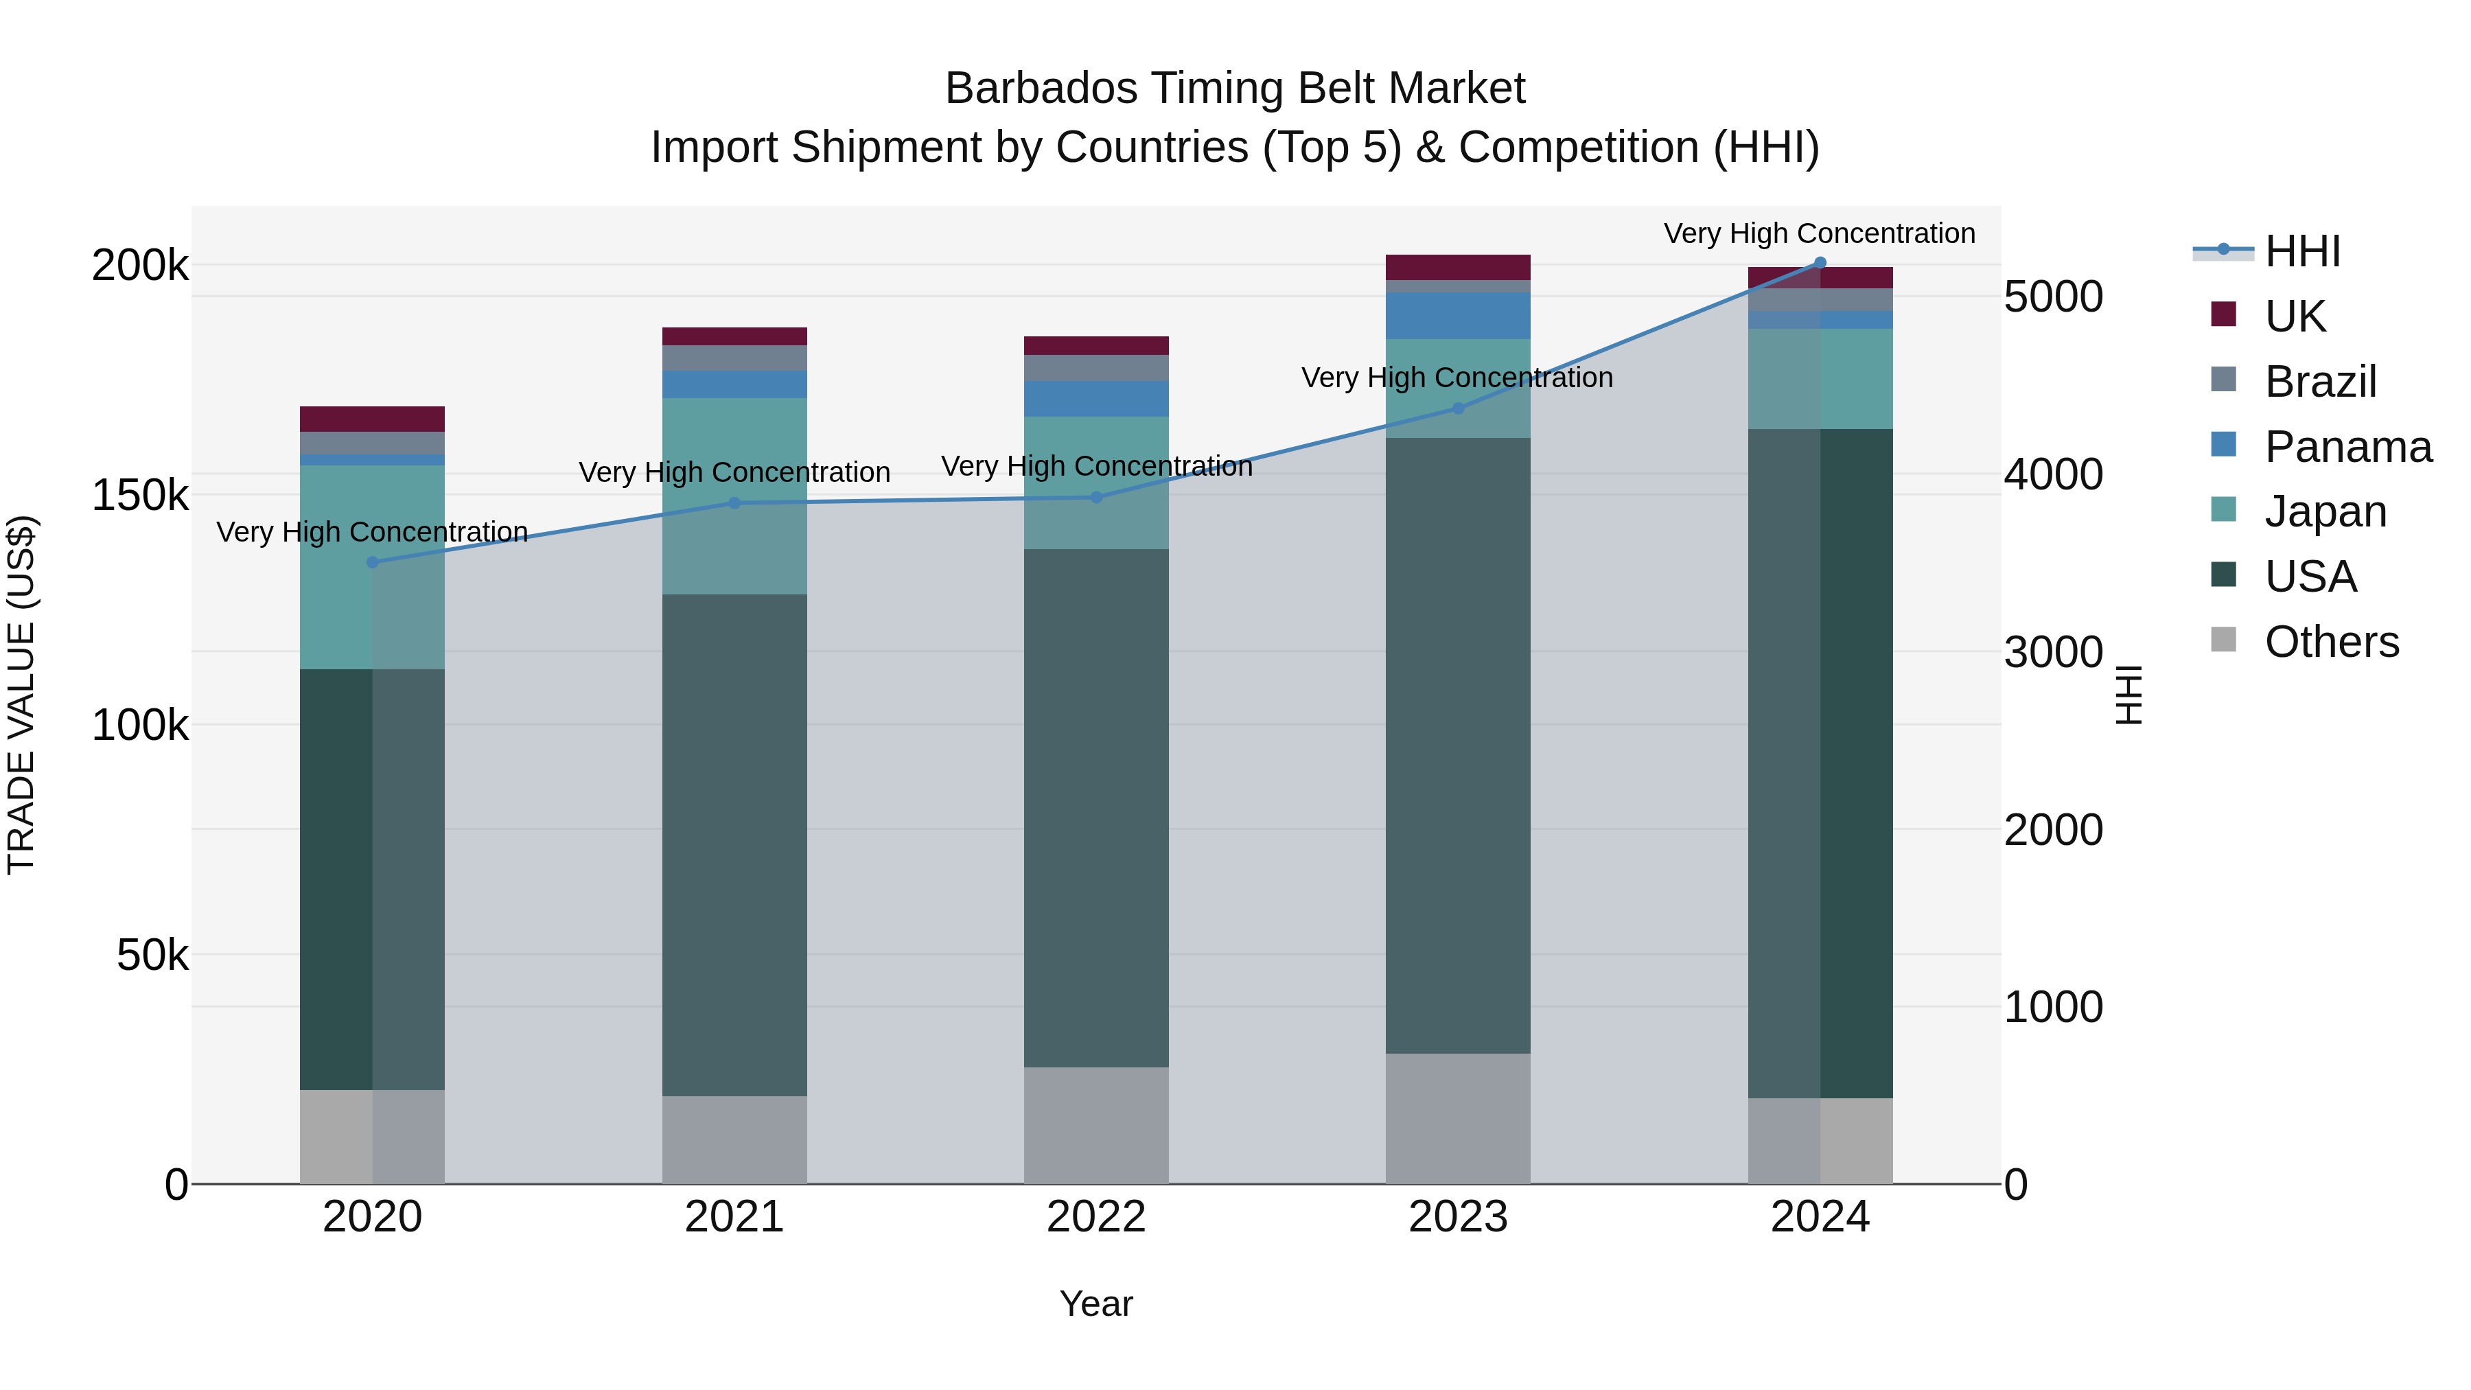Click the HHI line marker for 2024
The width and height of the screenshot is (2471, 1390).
[x=1820, y=263]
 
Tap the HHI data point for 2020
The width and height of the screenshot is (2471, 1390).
[x=372, y=562]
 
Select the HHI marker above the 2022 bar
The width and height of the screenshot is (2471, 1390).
[x=1096, y=497]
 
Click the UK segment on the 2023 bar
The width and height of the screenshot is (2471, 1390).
[x=1457, y=267]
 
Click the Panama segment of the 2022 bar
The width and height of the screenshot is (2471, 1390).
[x=1095, y=398]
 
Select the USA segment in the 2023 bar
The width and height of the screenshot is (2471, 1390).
[x=1457, y=745]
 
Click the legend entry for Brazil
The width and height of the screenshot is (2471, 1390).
[x=2319, y=382]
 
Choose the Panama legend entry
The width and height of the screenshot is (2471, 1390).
[x=2346, y=447]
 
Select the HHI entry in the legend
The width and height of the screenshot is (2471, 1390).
[x=2302, y=251]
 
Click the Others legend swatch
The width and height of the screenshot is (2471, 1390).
[x=2223, y=640]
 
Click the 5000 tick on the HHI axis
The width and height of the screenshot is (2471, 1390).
[x=2053, y=297]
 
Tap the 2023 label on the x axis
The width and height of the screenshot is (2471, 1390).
[x=1457, y=1217]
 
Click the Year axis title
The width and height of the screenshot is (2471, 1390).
[x=1095, y=1304]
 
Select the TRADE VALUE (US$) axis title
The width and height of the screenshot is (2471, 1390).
[x=21, y=695]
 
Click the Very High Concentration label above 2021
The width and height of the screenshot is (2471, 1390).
[x=734, y=472]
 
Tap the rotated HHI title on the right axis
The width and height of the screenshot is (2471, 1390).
[x=2128, y=695]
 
